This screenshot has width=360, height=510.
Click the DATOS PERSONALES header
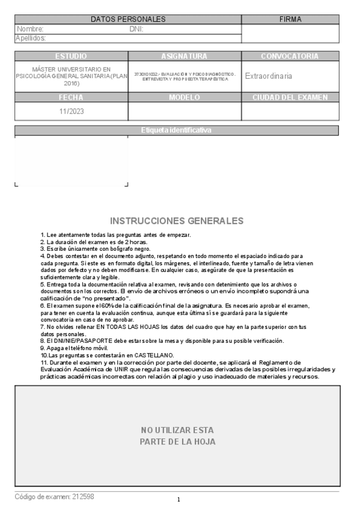click(x=127, y=19)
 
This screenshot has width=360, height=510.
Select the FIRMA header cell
click(x=290, y=19)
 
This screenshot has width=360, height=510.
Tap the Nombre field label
click(x=30, y=29)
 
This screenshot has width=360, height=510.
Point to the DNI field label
click(x=136, y=29)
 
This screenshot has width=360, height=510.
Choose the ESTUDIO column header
click(x=71, y=56)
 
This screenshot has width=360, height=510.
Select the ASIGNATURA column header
click(x=185, y=56)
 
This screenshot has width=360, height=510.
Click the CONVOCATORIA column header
click(x=290, y=56)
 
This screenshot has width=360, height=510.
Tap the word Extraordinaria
click(x=269, y=76)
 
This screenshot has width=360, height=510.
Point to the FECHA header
click(x=71, y=97)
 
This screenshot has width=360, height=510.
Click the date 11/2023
click(x=71, y=111)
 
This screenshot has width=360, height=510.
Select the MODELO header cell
click(x=185, y=97)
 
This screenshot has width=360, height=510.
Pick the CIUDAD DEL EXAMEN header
click(x=290, y=97)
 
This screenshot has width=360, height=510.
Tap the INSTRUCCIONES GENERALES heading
click(x=177, y=221)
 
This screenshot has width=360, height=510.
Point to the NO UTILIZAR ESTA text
click(x=177, y=430)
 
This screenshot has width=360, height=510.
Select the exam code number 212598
click(x=83, y=497)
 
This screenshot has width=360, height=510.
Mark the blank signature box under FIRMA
click(x=290, y=34)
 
